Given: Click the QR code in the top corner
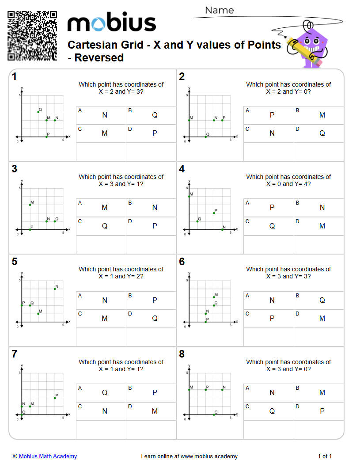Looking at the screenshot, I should [32, 36].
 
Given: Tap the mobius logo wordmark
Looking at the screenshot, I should [111, 23].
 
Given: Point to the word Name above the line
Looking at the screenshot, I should [219, 10].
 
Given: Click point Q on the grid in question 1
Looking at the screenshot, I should [38, 112].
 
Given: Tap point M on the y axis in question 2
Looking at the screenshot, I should [189, 120].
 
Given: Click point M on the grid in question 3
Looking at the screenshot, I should [30, 204].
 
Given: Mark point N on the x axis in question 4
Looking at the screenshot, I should [222, 229].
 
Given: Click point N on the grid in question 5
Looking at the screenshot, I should [55, 289].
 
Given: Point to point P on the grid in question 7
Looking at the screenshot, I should [55, 398].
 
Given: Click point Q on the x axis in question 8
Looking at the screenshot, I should [214, 415].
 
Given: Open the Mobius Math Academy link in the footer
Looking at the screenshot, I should [48, 456].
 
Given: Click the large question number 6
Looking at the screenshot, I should [182, 262].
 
